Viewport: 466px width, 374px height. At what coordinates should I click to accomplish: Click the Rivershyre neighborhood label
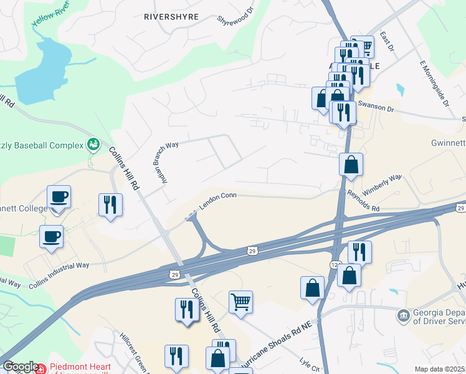pyautogui.click(x=171, y=16)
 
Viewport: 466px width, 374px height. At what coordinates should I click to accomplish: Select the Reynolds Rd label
pyautogui.click(x=363, y=202)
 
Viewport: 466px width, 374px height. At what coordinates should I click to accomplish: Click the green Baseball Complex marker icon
pyautogui.click(x=93, y=145)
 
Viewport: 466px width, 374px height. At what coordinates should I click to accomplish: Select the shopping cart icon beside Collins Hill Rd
pyautogui.click(x=240, y=302)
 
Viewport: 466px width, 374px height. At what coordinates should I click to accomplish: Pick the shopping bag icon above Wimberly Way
pyautogui.click(x=351, y=165)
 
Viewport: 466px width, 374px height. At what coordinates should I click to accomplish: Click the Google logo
pyautogui.click(x=20, y=367)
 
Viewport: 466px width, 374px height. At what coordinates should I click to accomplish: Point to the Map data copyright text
pyautogui.click(x=439, y=369)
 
